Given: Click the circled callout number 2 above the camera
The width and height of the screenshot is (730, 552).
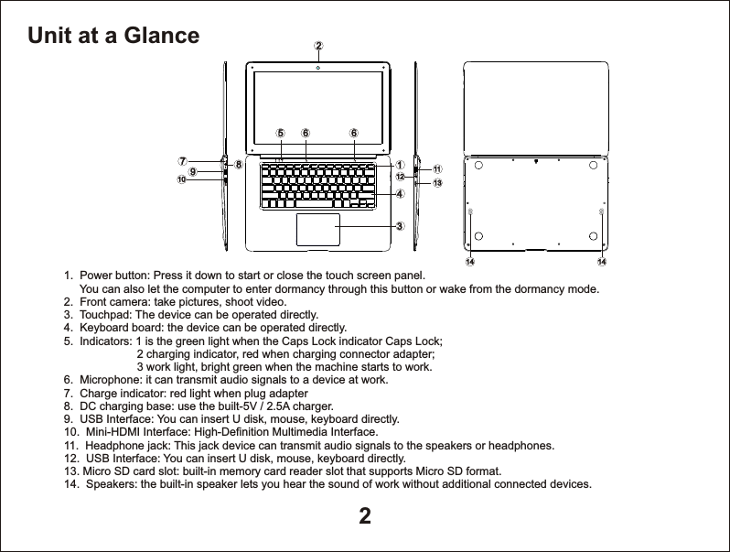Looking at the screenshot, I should (318, 44).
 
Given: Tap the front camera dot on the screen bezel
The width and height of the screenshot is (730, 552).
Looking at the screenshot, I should (318, 66).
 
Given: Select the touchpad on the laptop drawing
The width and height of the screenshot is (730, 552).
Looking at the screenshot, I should (318, 230).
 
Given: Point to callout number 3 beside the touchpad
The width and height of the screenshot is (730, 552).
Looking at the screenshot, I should (399, 225).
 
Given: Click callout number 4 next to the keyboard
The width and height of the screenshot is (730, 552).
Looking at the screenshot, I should (399, 194).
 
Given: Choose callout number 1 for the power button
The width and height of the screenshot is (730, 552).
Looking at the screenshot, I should (399, 165).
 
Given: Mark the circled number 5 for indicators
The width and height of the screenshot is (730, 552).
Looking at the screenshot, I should (281, 132).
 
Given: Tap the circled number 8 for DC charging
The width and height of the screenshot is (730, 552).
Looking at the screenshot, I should (238, 166).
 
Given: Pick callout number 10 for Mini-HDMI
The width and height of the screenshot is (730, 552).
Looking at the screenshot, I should (181, 180).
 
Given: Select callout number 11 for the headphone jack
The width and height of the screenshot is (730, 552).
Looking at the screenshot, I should (437, 169).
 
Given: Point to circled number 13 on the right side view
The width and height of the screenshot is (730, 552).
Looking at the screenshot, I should (437, 183).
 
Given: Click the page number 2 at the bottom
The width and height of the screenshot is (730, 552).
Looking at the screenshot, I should (364, 516).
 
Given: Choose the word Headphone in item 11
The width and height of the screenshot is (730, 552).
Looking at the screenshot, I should (113, 445).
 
